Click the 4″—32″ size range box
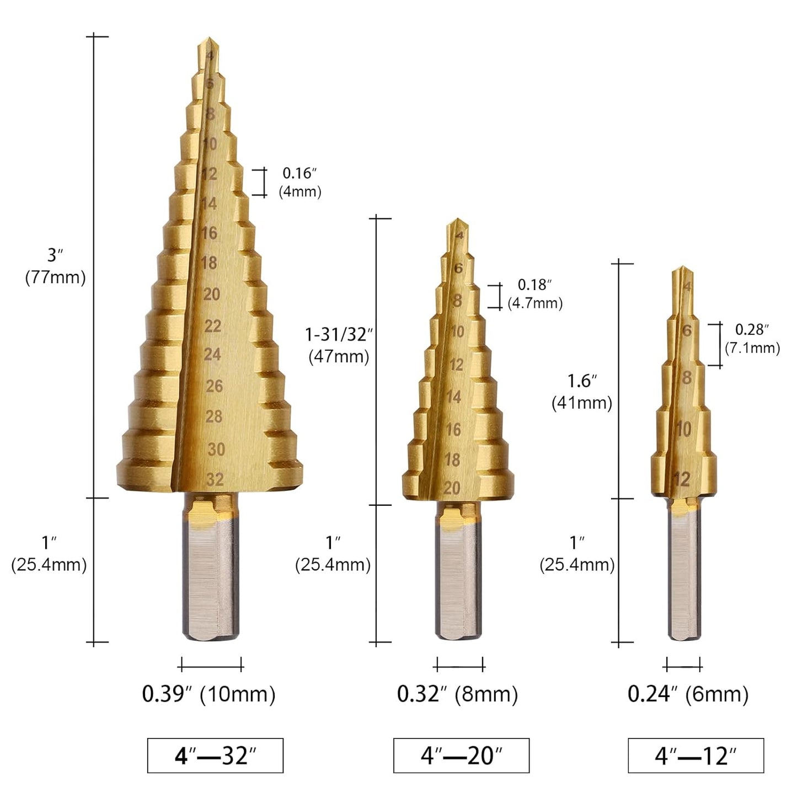(x=215, y=755)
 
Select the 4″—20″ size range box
(x=461, y=755)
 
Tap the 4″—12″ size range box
(x=696, y=755)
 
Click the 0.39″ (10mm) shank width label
(x=208, y=693)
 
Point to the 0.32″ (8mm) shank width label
(x=457, y=693)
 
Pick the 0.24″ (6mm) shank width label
(x=688, y=693)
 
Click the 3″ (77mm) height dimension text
(x=55, y=266)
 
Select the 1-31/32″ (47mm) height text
(x=339, y=345)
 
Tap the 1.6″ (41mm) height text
(x=582, y=392)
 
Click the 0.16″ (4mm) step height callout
(x=299, y=182)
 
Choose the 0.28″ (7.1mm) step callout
(x=752, y=339)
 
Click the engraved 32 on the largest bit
(x=215, y=479)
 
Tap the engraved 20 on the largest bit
(x=212, y=294)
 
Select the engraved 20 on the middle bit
(x=452, y=488)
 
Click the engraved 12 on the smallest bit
(x=682, y=479)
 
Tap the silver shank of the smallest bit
(x=686, y=574)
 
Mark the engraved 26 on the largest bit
(x=214, y=386)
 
